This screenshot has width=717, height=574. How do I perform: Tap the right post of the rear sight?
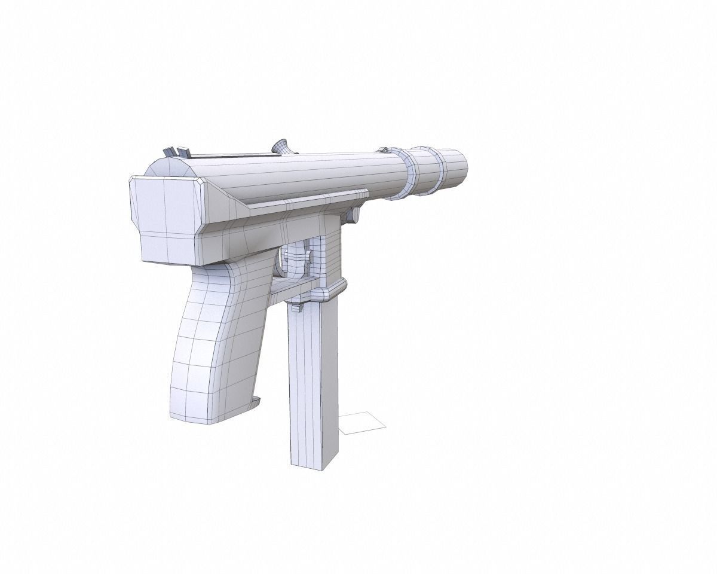coord(180,152)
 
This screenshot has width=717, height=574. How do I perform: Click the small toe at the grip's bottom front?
coord(256,400)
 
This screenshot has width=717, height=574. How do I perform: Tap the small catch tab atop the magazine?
coord(297,307)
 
